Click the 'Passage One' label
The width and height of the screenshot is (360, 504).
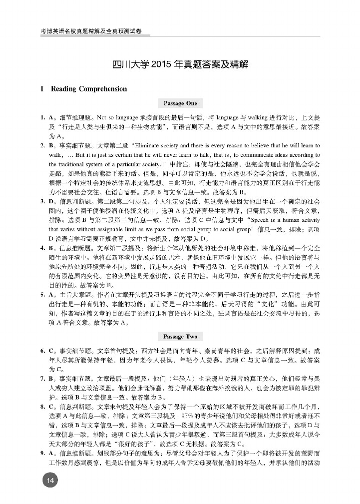point(180,103)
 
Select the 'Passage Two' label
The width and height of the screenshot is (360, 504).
point(180,337)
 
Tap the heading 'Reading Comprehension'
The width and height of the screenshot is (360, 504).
point(89,89)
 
